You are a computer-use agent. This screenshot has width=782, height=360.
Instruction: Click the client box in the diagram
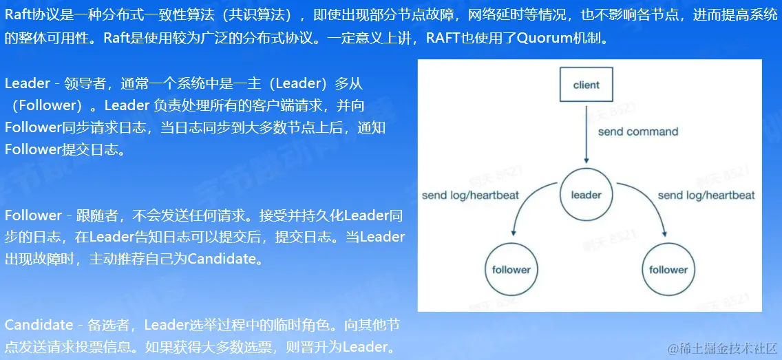pyautogui.click(x=586, y=85)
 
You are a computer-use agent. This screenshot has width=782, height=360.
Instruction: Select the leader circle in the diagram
pyautogui.click(x=586, y=195)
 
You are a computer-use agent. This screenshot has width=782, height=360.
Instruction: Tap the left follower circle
pyautogui.click(x=511, y=270)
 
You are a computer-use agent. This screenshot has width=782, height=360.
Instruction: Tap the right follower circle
pyautogui.click(x=668, y=270)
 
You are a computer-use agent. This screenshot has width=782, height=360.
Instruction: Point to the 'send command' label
pyautogui.click(x=637, y=131)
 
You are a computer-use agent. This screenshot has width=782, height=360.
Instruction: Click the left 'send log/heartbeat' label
pyautogui.click(x=470, y=195)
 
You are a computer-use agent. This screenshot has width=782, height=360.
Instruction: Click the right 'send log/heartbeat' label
pyautogui.click(x=706, y=195)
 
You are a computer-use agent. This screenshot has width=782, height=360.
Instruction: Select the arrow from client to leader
pyautogui.click(x=586, y=138)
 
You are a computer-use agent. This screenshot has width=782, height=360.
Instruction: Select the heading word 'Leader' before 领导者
pyautogui.click(x=27, y=84)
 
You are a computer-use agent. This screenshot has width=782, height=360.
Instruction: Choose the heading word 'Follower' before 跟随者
pyautogui.click(x=33, y=215)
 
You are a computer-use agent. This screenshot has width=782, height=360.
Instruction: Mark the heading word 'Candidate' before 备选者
pyautogui.click(x=39, y=325)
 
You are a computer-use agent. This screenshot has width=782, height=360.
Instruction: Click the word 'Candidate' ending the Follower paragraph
pyautogui.click(x=224, y=260)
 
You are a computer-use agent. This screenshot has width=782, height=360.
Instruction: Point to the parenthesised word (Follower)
pyautogui.click(x=47, y=105)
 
